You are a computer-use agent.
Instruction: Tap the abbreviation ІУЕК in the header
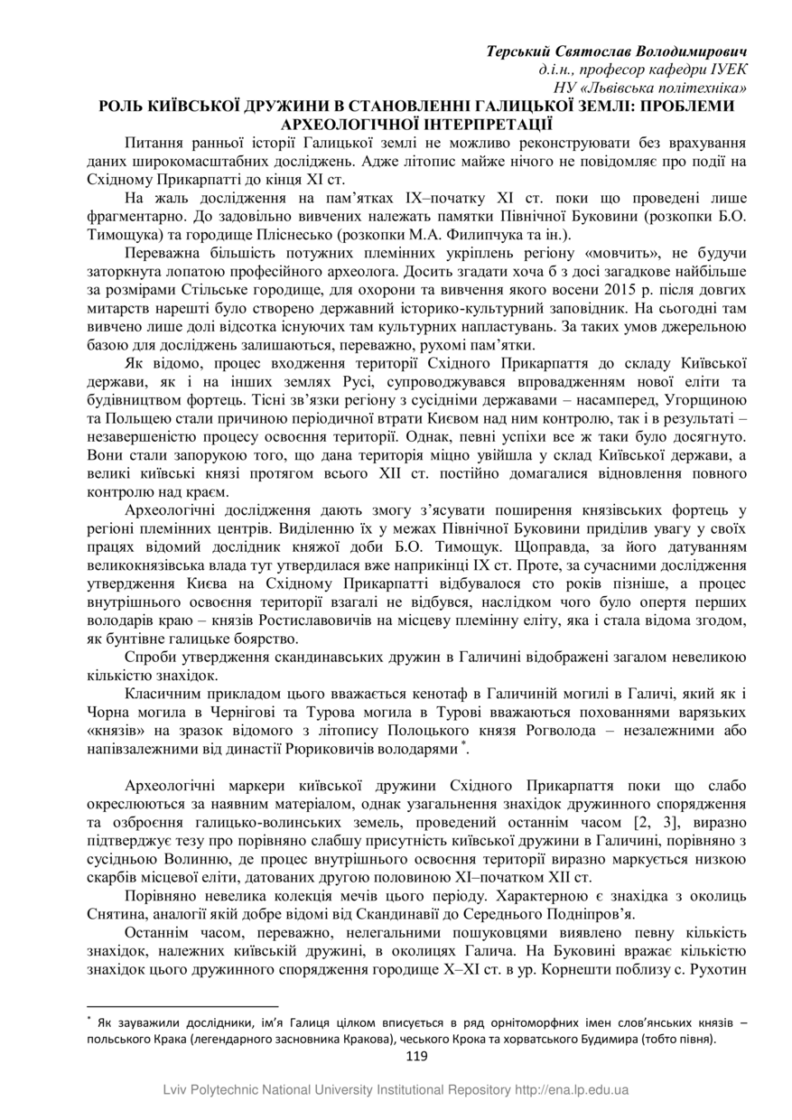click(x=726, y=69)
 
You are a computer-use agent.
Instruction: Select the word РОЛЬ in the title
click(x=123, y=106)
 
